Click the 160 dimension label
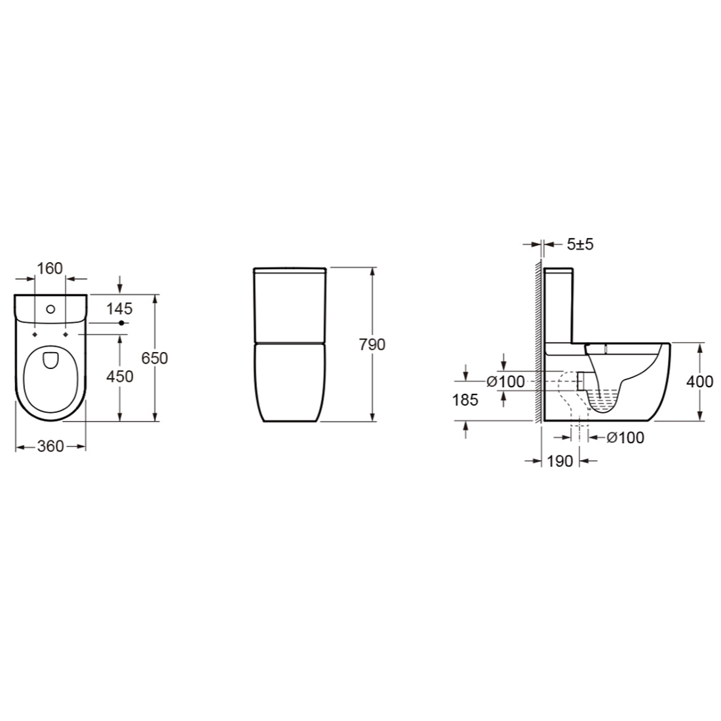pyautogui.click(x=50, y=269)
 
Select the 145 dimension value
pyautogui.click(x=119, y=309)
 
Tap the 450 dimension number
pyautogui.click(x=119, y=377)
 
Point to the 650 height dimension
pyautogui.click(x=155, y=358)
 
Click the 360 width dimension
pyautogui.click(x=50, y=446)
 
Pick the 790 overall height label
pyautogui.click(x=372, y=344)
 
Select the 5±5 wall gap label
pyautogui.click(x=580, y=244)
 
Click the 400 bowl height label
pyautogui.click(x=700, y=381)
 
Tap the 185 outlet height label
pyautogui.click(x=465, y=400)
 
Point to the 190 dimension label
pyautogui.click(x=560, y=461)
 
